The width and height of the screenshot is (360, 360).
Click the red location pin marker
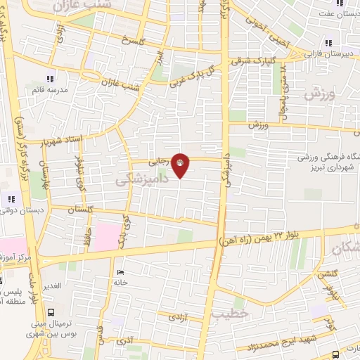[x=180, y=165]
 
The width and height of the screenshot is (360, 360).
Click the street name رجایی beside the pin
[x=161, y=160]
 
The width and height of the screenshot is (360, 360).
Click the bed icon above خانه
[x=120, y=273]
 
